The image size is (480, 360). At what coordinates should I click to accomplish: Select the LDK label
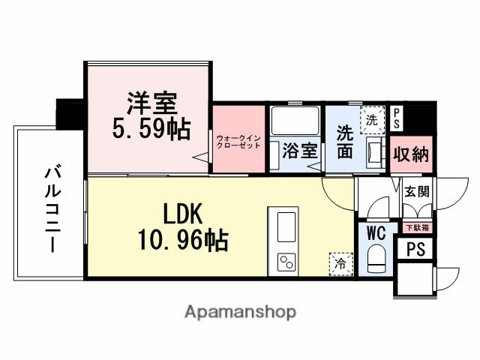pyautogui.click(x=179, y=214)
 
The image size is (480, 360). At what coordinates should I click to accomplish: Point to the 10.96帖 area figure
pyautogui.click(x=182, y=241)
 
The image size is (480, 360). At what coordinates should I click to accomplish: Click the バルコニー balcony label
pyautogui.click(x=52, y=210)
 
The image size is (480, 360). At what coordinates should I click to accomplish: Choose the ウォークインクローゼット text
pyautogui.click(x=238, y=142)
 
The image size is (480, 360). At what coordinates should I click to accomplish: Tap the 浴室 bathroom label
pyautogui.click(x=300, y=150)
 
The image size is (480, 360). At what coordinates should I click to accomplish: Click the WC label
pyautogui.click(x=375, y=234)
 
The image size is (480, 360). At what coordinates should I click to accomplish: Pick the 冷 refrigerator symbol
pyautogui.click(x=340, y=262)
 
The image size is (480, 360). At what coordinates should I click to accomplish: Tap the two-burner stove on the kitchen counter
pyautogui.click(x=286, y=261)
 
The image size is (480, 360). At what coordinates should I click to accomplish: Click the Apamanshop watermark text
pyautogui.click(x=240, y=311)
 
